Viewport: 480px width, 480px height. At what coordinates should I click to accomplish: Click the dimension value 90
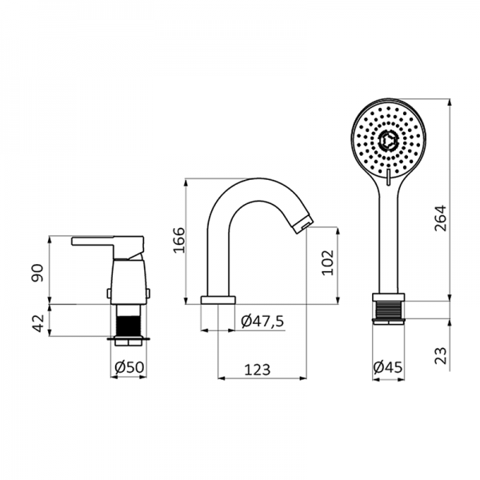tap(38, 273)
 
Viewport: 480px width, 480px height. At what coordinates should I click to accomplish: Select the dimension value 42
tap(38, 323)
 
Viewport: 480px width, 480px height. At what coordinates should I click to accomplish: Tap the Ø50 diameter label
tap(129, 367)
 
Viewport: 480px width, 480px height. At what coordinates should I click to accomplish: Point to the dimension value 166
tap(179, 240)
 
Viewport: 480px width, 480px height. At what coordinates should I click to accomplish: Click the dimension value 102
tap(327, 262)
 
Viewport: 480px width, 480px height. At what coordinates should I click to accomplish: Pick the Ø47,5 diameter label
tap(262, 321)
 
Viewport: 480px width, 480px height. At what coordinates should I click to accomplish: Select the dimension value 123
tap(257, 370)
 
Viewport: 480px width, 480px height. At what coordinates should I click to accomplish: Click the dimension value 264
tap(441, 218)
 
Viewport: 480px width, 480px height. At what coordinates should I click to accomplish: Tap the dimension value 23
tap(441, 355)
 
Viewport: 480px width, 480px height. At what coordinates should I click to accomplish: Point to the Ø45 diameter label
tap(388, 367)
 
